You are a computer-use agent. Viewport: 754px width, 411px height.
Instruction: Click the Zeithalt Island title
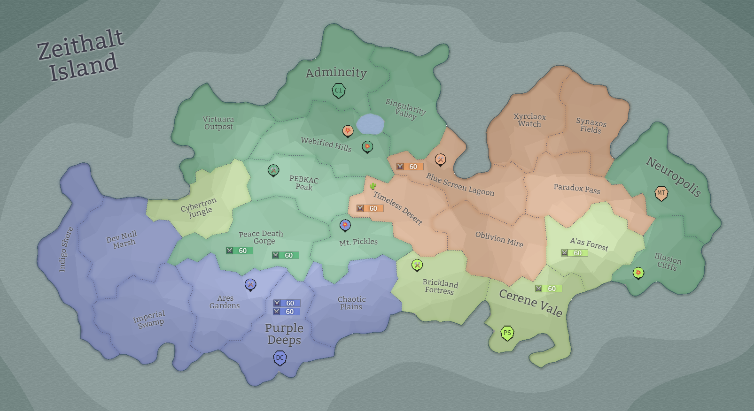pos(81,55)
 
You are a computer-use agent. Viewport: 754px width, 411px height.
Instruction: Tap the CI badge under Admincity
pos(339,90)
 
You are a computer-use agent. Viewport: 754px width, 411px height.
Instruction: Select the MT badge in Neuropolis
pos(661,193)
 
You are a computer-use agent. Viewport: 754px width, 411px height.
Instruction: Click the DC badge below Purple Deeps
pos(280,358)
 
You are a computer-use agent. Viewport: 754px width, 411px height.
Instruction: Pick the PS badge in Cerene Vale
pos(507,333)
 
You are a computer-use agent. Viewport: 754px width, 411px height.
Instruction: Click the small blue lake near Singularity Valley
pos(370,124)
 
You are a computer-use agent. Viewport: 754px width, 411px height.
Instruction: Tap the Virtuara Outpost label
pos(218,123)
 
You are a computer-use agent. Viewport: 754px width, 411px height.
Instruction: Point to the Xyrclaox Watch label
pos(529,120)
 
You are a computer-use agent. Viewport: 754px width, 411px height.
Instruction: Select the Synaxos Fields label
pos(591,126)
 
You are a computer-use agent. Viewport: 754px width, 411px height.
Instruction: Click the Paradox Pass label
pos(577,189)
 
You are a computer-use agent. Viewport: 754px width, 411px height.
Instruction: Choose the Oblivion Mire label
pos(499,239)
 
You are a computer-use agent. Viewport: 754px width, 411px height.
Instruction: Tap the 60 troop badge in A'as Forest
pos(574,253)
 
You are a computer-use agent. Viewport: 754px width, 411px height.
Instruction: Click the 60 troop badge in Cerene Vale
pos(548,289)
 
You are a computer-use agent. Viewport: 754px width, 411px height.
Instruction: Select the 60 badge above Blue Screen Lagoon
pos(410,167)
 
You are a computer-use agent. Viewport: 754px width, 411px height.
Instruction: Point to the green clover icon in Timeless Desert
pos(373,186)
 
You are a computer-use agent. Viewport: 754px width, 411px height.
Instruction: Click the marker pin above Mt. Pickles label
pos(345,225)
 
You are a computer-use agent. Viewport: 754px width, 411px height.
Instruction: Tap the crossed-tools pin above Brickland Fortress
pos(417,265)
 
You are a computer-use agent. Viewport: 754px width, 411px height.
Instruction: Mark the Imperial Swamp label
pos(149,319)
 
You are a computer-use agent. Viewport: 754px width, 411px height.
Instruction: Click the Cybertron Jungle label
pos(199,207)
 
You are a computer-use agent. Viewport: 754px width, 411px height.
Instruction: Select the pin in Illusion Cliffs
pos(638,273)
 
